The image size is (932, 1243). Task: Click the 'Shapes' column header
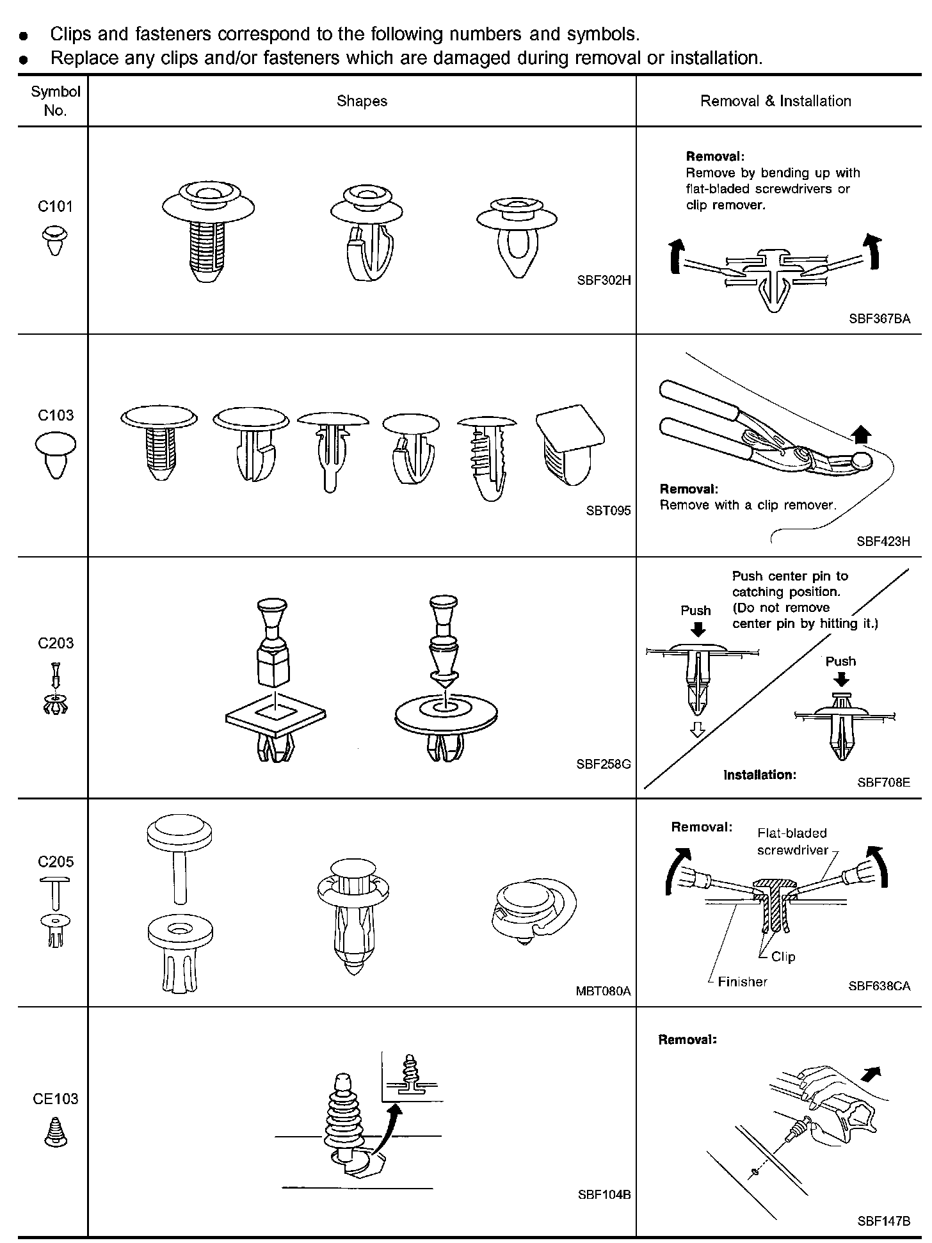point(362,101)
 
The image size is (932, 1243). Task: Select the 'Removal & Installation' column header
point(775,101)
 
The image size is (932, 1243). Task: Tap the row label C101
point(55,206)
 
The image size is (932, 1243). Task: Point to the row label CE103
point(55,1099)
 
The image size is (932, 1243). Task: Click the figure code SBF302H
point(604,280)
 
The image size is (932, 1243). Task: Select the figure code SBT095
point(608,510)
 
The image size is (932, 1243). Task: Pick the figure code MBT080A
point(603,991)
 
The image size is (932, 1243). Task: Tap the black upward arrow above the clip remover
point(862,435)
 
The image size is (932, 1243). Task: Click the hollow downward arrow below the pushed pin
point(697,730)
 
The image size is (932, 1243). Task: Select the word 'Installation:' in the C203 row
point(760,774)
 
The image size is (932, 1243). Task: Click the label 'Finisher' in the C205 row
point(742,981)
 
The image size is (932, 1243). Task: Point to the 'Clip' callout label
point(783,956)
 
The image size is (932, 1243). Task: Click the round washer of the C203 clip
point(446,714)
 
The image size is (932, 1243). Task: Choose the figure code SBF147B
point(883,1221)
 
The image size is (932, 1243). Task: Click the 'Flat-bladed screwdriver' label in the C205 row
point(792,842)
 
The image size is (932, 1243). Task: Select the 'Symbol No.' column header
point(55,101)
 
